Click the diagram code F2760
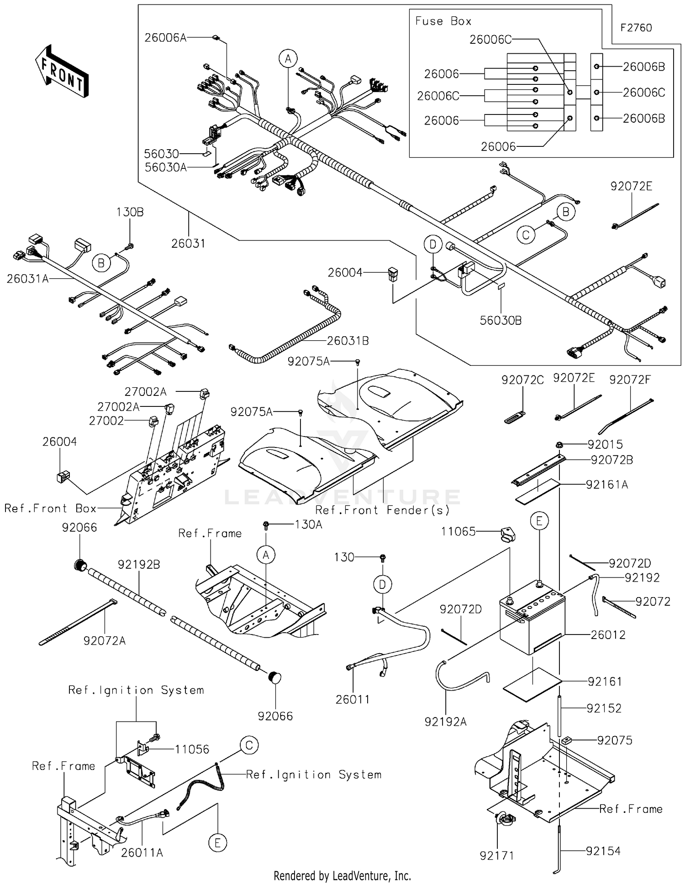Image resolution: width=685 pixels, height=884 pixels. pyautogui.click(x=636, y=28)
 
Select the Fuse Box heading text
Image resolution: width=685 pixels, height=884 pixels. pyautogui.click(x=443, y=21)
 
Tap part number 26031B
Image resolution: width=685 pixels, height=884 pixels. pyautogui.click(x=348, y=341)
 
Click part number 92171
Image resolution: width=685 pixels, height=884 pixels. pyautogui.click(x=496, y=856)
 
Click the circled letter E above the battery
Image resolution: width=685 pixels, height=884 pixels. pyautogui.click(x=539, y=521)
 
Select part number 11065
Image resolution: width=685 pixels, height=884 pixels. pyautogui.click(x=458, y=531)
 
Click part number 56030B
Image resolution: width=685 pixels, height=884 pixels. pyautogui.click(x=501, y=320)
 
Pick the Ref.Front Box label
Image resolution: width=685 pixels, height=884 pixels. pyautogui.click(x=50, y=508)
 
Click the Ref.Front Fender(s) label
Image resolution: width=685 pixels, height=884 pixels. pyautogui.click(x=382, y=510)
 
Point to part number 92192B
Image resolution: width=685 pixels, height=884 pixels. pyautogui.click(x=139, y=565)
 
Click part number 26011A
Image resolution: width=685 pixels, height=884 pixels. pyautogui.click(x=142, y=852)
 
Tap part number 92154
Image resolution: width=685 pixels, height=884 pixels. pyautogui.click(x=603, y=851)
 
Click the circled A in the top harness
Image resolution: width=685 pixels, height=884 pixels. pyautogui.click(x=288, y=59)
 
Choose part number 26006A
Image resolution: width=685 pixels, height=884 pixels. pyautogui.click(x=165, y=37)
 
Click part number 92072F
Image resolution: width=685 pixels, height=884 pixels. pyautogui.click(x=629, y=380)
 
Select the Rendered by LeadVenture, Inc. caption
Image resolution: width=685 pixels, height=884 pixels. pyautogui.click(x=342, y=876)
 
